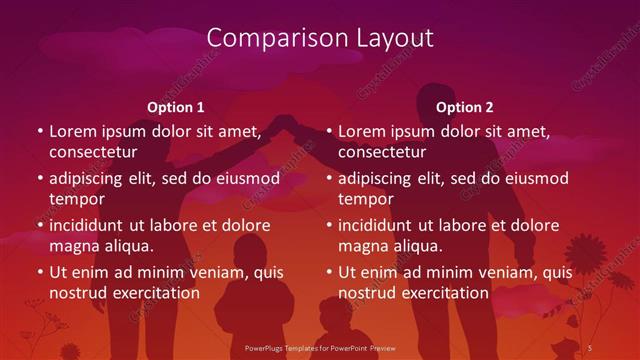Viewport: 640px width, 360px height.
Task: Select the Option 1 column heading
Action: [x=176, y=107]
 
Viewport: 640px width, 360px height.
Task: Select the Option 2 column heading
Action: [x=465, y=107]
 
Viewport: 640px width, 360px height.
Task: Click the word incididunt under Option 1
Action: [x=91, y=225]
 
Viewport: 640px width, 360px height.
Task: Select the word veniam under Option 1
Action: [x=201, y=271]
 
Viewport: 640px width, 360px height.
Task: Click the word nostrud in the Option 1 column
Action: [x=76, y=294]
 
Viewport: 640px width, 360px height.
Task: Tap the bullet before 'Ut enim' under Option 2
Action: [x=329, y=272]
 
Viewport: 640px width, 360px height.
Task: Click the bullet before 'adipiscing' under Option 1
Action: [x=40, y=179]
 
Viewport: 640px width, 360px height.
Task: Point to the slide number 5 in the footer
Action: [x=590, y=347]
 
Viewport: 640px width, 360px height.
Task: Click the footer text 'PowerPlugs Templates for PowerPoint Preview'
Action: [x=319, y=347]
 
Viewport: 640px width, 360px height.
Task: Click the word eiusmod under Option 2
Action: [x=534, y=178]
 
